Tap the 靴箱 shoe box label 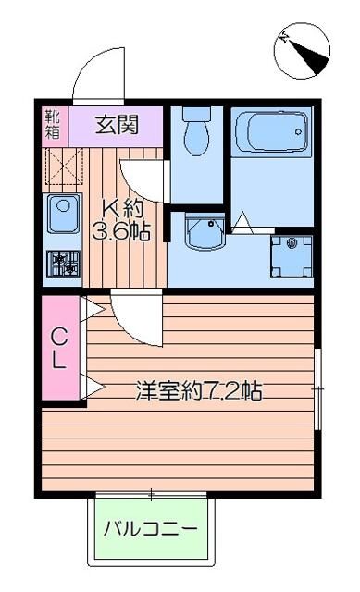52,123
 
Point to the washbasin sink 203,234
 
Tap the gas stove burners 64,264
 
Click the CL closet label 58,347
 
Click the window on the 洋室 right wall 317,388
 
